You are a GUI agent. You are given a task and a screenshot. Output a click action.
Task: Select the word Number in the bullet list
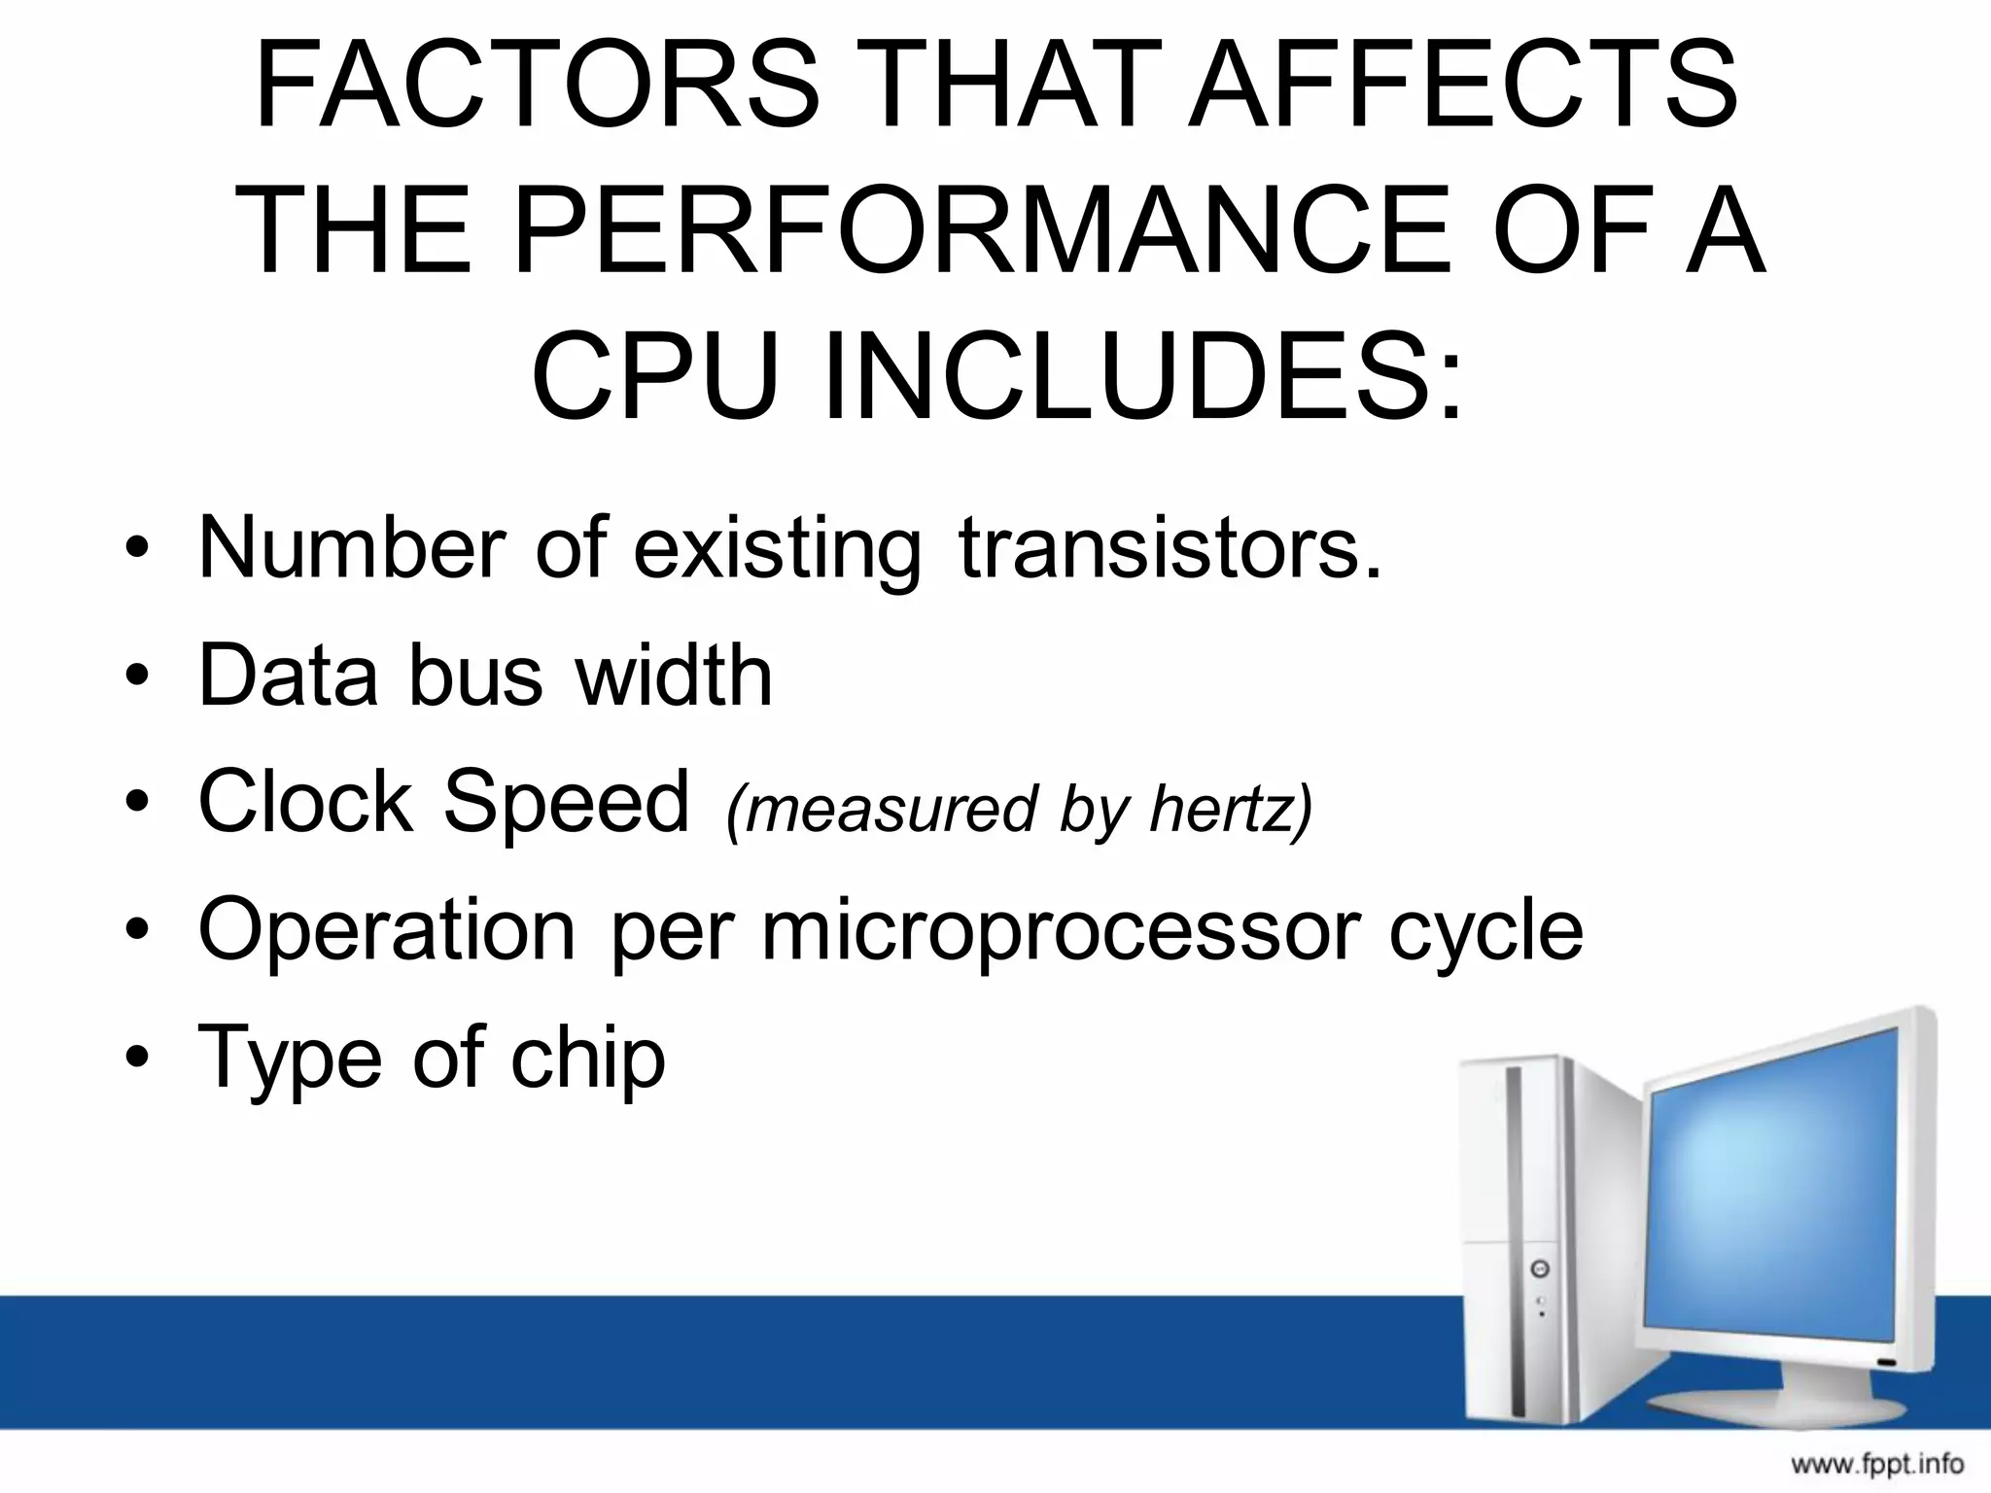[x=352, y=548]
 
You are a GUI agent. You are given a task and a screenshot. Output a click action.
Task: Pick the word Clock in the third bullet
[x=305, y=802]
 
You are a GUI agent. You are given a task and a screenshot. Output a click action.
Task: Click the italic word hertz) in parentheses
[x=1231, y=808]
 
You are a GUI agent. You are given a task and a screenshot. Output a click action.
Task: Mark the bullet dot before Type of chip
[x=138, y=1057]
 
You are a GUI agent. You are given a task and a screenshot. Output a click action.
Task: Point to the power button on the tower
[x=1540, y=1268]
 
